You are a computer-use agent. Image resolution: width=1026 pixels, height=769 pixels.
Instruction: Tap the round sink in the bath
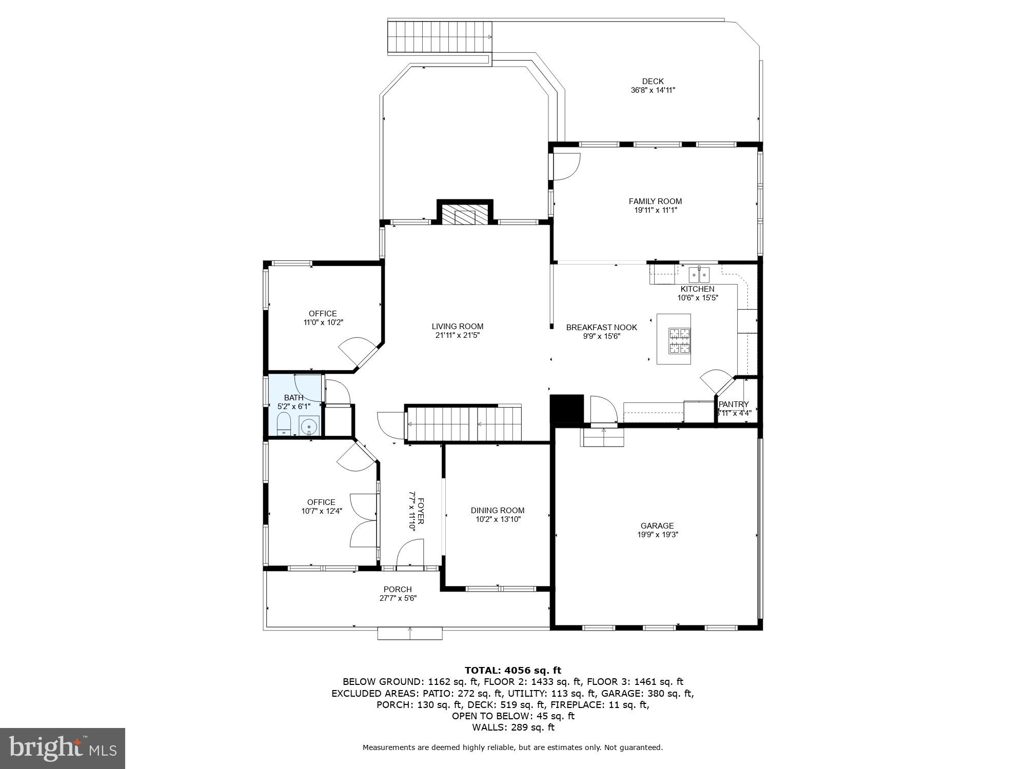[x=309, y=426]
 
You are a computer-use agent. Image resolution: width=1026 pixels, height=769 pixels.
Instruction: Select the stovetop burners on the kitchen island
[x=679, y=341]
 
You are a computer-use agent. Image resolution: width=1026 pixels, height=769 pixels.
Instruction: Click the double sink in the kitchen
[x=699, y=275]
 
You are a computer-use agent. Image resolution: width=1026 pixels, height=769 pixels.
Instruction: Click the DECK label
[x=653, y=81]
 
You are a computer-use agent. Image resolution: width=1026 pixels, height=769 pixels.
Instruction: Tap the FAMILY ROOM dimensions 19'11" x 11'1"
[x=655, y=210]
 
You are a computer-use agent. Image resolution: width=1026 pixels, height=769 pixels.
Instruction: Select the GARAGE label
[x=657, y=525]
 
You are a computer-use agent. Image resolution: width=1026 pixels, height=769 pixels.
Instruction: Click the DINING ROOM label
[x=498, y=510]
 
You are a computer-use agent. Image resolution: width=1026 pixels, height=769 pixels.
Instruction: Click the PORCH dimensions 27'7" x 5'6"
[x=398, y=598]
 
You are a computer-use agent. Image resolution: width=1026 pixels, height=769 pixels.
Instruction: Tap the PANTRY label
[x=734, y=404]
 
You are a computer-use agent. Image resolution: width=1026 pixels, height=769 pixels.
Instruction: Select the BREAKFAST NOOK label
[x=601, y=327]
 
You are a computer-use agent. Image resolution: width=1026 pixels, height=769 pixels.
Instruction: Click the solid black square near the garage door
[x=567, y=408]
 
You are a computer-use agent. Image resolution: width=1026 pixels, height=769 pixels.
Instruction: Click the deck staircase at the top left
[x=439, y=37]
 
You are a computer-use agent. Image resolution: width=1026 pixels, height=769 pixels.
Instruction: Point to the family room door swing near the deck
[x=566, y=167]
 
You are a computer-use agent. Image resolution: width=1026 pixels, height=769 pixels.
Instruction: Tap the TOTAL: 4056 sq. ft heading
[x=512, y=670]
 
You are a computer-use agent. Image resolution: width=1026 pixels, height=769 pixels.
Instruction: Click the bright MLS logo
[x=63, y=748]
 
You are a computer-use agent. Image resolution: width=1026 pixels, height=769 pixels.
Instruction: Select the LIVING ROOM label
[x=457, y=326]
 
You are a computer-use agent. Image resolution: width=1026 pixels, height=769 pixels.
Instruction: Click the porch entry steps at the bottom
[x=409, y=633]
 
